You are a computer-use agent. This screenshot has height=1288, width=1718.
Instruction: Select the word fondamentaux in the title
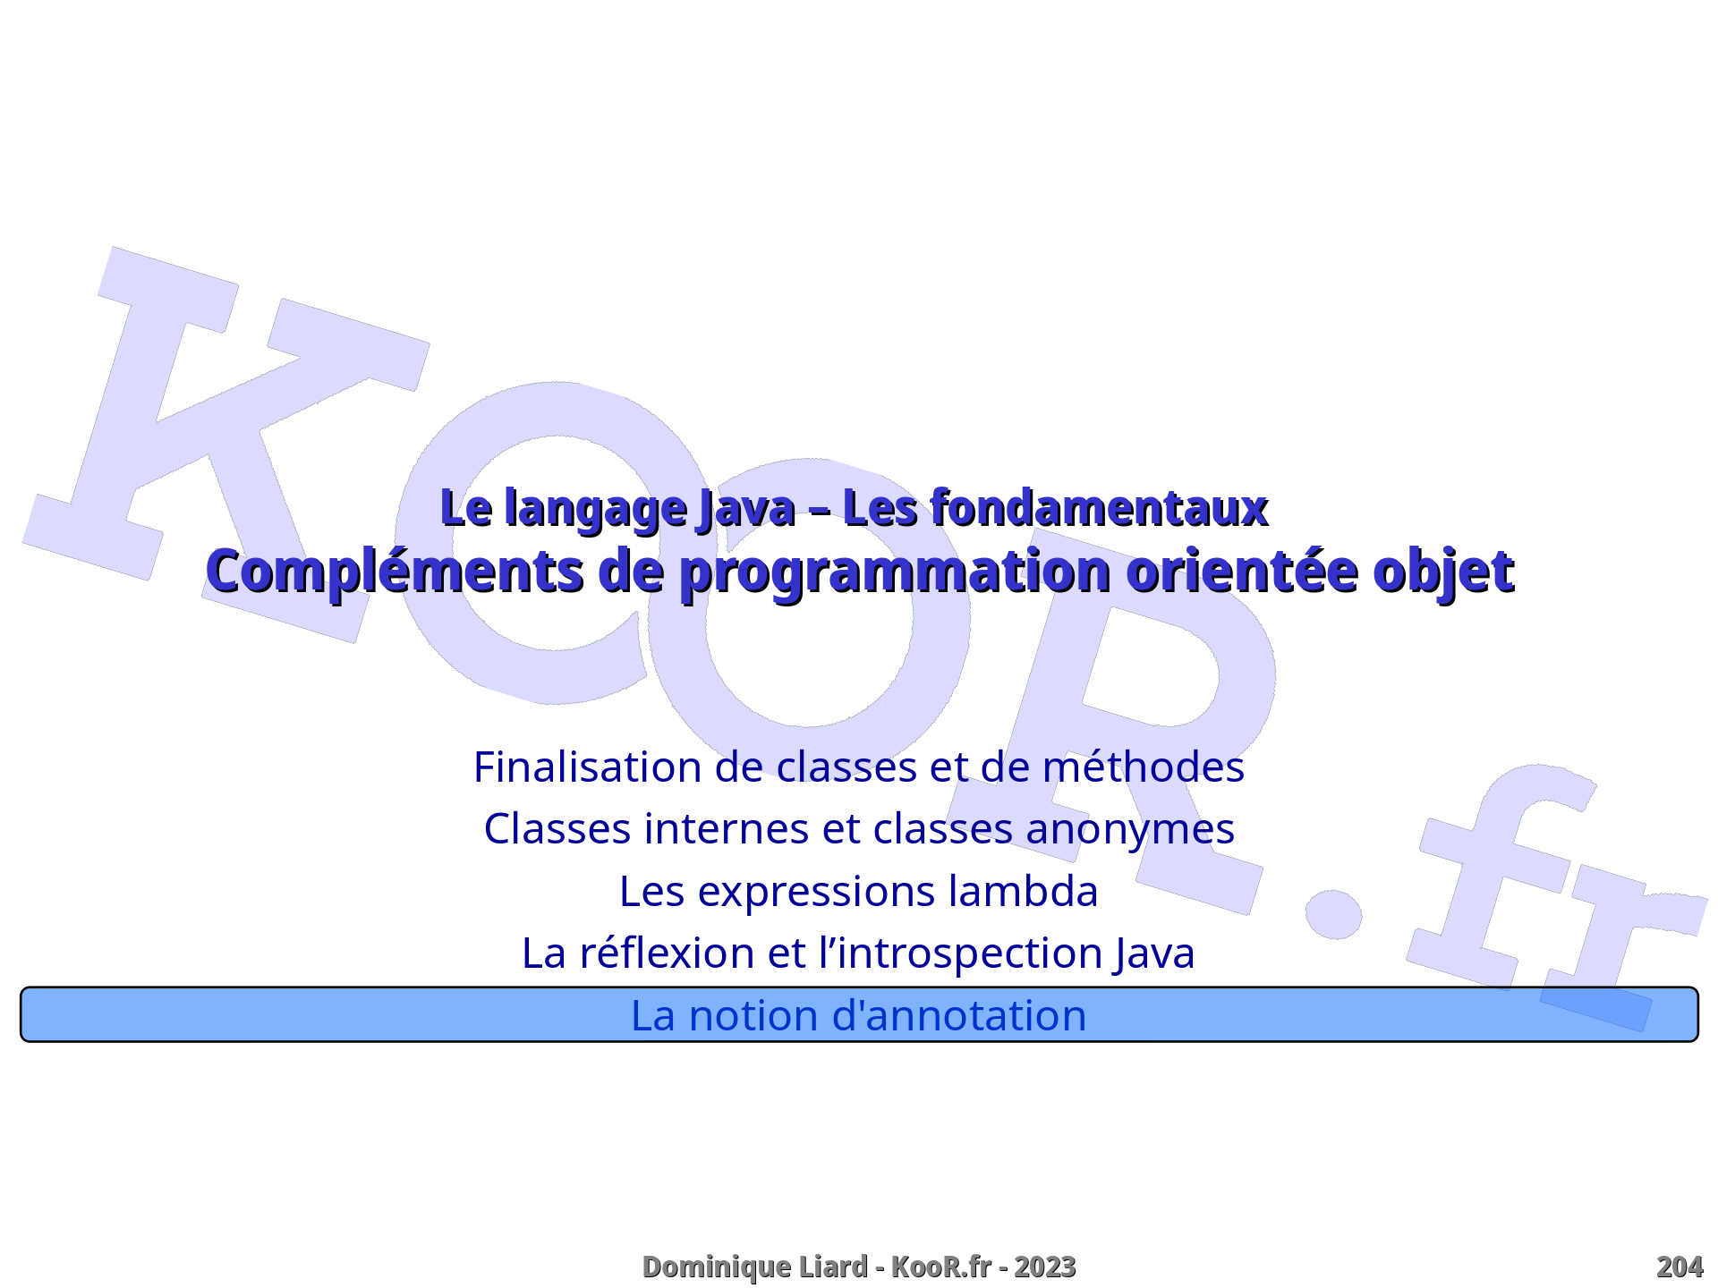coord(1100,508)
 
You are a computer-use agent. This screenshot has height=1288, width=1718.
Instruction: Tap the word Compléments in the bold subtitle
coord(395,572)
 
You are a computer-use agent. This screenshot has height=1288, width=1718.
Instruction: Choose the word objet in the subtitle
coord(1443,573)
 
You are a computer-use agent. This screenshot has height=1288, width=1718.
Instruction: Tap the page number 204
coord(1680,1267)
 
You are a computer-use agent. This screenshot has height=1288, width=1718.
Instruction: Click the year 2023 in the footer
coord(1045,1267)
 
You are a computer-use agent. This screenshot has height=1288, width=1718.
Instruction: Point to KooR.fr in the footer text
coord(941,1267)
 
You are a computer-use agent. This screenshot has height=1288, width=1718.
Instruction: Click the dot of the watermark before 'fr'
coord(1333,914)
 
